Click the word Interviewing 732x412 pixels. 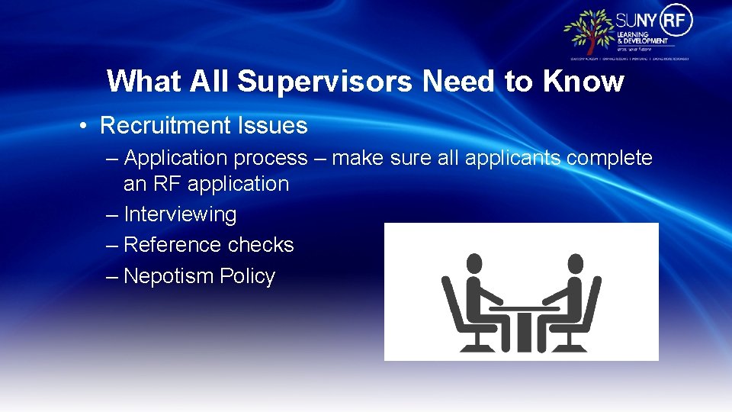pyautogui.click(x=180, y=214)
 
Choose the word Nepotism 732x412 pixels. pyautogui.click(x=169, y=276)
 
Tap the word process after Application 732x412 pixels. pyautogui.click(x=271, y=158)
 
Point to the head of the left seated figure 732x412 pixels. pyautogui.click(x=474, y=264)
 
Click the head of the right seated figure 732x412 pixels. pyautogui.click(x=576, y=264)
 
